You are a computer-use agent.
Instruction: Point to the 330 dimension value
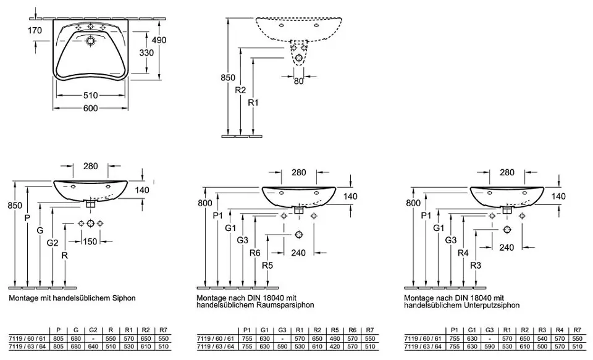146,53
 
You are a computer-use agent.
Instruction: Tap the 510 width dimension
91,96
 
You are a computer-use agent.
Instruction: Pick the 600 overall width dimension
91,109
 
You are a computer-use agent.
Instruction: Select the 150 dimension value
91,241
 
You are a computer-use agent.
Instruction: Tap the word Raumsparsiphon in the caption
288,305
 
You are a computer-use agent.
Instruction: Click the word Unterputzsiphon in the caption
494,305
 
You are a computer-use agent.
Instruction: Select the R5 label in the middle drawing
267,266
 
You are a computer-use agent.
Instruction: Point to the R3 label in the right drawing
475,266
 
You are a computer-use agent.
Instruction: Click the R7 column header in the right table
577,330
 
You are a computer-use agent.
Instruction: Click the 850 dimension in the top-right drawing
228,78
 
